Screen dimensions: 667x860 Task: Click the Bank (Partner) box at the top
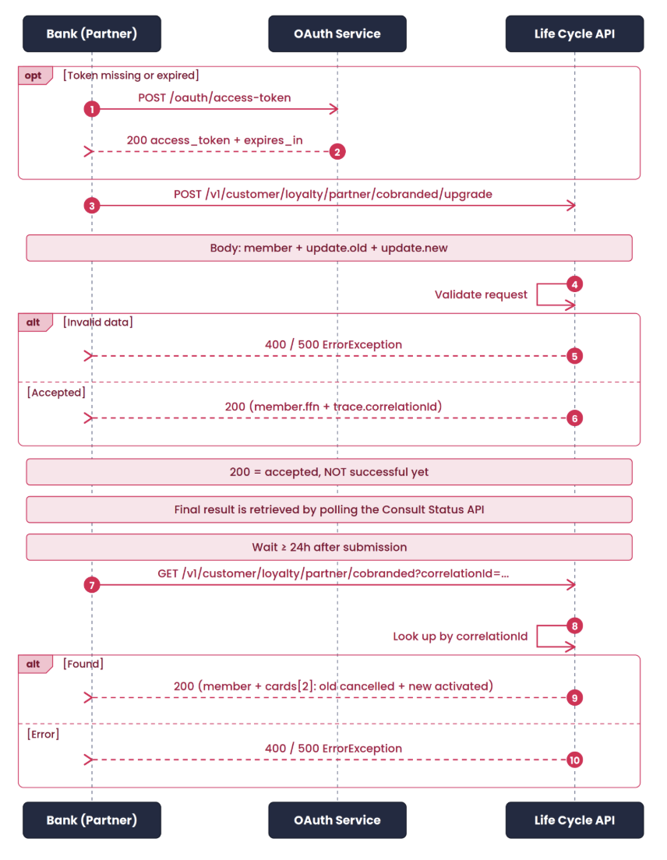(92, 33)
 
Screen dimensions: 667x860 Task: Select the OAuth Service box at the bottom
(337, 820)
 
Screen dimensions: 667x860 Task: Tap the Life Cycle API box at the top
(574, 33)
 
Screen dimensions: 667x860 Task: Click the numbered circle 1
(92, 109)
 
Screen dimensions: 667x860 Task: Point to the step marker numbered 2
(337, 152)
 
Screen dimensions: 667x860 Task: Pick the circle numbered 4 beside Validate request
(574, 284)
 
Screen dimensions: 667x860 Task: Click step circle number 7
(92, 585)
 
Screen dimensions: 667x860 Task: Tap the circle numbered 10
(574, 760)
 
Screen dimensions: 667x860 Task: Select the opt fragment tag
(35, 76)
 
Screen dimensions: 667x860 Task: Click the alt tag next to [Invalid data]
(35, 322)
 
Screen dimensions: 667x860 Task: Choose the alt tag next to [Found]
(35, 664)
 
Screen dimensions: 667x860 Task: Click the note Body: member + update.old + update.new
(329, 248)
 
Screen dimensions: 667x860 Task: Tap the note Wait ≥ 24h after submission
(329, 548)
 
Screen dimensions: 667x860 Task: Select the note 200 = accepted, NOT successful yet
(329, 472)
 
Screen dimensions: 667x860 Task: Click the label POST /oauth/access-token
(214, 97)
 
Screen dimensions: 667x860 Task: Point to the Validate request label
(481, 294)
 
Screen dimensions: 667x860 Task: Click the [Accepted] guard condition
(56, 393)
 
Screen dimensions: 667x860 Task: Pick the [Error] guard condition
(43, 735)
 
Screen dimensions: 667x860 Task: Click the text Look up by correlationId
(461, 636)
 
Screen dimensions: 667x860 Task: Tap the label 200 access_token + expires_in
(214, 140)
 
